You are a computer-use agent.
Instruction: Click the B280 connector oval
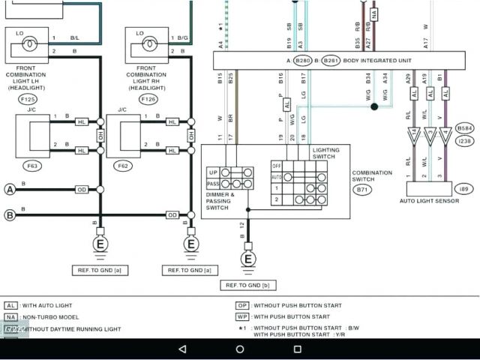click(x=302, y=60)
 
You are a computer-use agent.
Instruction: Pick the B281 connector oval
click(x=331, y=60)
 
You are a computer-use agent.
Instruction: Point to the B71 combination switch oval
click(x=362, y=190)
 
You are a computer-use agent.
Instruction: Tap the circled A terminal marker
click(x=10, y=190)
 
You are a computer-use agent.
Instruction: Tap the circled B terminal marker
click(x=10, y=215)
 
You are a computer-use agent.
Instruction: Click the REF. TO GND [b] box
click(x=244, y=285)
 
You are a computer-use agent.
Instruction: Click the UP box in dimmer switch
click(x=213, y=172)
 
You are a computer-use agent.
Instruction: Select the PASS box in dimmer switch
click(x=213, y=183)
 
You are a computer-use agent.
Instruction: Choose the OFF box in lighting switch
click(x=276, y=165)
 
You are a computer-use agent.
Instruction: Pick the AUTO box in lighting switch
click(x=276, y=177)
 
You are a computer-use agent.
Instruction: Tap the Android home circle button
click(x=240, y=349)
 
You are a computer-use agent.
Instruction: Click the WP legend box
click(x=241, y=316)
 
